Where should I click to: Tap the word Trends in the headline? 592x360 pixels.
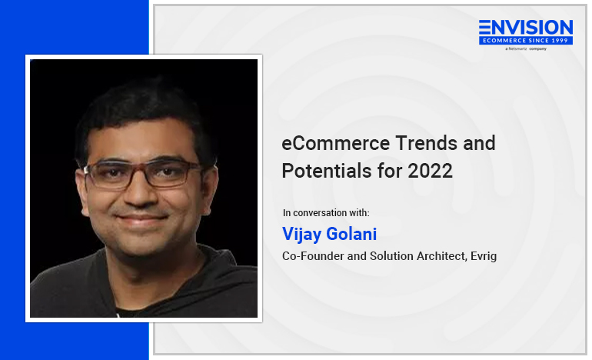coord(426,144)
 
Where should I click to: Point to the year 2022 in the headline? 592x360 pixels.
coord(430,171)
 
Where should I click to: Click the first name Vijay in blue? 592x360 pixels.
coord(301,234)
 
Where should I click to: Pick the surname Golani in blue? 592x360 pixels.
coord(351,234)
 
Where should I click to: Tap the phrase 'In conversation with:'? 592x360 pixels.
coord(326,212)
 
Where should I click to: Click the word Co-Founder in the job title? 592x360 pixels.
coord(313,256)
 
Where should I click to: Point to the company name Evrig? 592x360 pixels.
coord(484,256)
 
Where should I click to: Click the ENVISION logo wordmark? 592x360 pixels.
coord(526,28)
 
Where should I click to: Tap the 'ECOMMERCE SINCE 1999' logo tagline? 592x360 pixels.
coord(526,41)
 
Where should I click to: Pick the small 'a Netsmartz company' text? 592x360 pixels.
coord(526,48)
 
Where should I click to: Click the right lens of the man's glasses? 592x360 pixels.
coord(171,173)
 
